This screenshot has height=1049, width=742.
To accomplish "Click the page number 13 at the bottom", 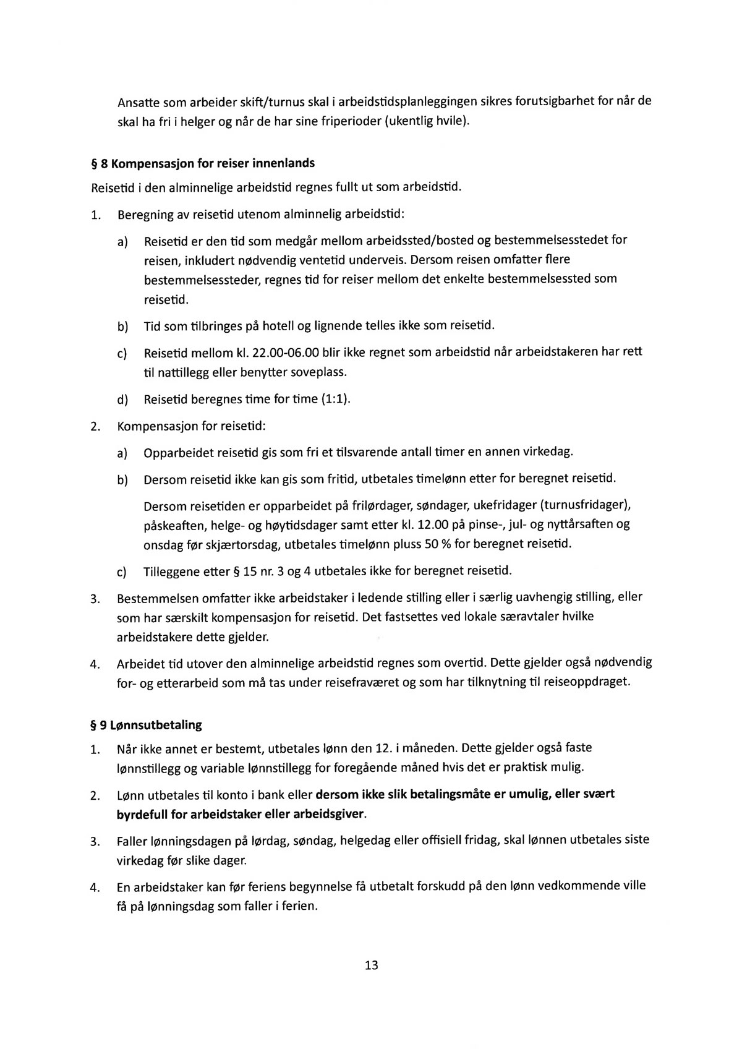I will pyautogui.click(x=372, y=966).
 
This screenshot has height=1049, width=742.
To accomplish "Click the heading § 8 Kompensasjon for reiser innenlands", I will pyautogui.click(x=203, y=163).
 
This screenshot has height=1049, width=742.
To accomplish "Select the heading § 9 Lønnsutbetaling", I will pyautogui.click(x=147, y=725).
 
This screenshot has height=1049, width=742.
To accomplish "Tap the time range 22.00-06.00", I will pyautogui.click(x=286, y=353).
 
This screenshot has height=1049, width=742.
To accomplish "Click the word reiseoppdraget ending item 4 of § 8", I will pyautogui.click(x=586, y=683).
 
